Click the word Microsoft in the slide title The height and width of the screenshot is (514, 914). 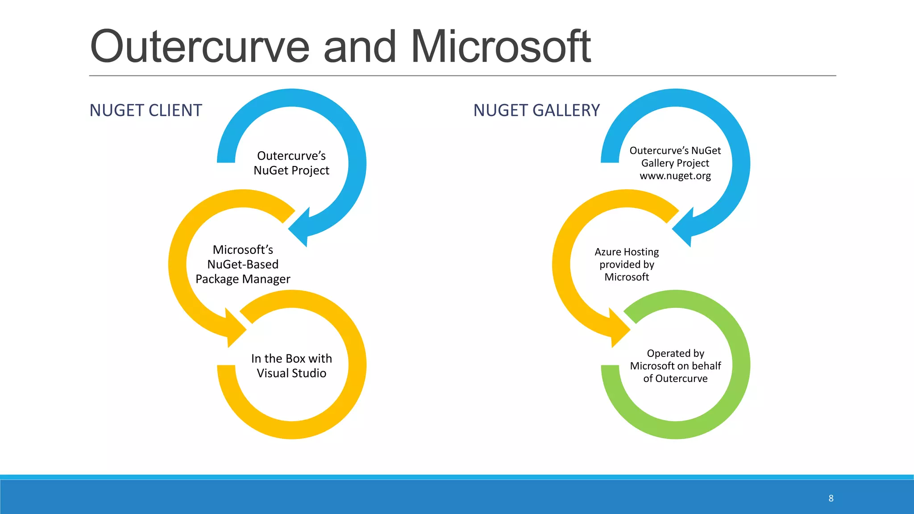click(x=500, y=46)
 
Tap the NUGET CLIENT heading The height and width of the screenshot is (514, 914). click(x=145, y=110)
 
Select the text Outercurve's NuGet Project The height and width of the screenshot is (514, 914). click(x=291, y=163)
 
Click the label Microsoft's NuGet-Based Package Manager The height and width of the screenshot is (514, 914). click(x=243, y=264)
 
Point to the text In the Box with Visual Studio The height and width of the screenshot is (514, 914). click(x=291, y=365)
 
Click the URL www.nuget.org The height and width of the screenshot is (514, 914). click(x=675, y=176)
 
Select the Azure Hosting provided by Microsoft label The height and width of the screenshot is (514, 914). click(x=627, y=264)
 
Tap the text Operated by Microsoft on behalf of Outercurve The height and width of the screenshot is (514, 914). click(x=675, y=366)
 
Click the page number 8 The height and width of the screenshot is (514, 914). click(x=831, y=498)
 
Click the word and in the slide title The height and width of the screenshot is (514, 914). click(x=360, y=46)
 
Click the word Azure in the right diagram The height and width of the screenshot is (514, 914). click(x=607, y=252)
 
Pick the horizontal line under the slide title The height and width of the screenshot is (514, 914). click(x=462, y=76)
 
